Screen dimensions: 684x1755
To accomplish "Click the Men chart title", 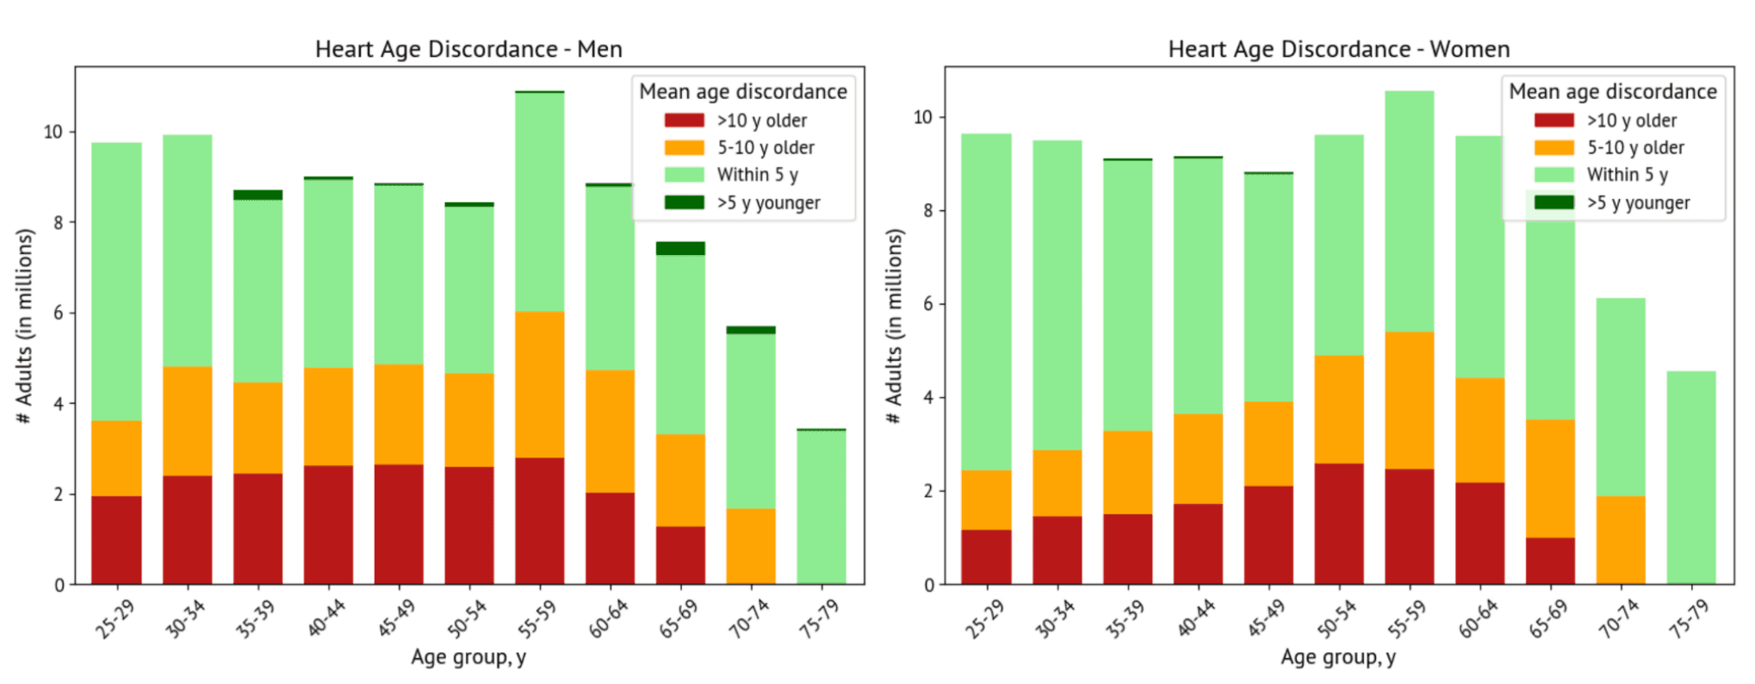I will click(468, 49).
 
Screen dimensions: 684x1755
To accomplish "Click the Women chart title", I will click(1338, 49).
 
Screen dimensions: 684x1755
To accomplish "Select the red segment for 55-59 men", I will click(540, 520).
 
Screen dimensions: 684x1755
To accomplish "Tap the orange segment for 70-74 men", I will click(751, 546).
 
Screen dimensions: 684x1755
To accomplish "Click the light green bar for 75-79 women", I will click(1691, 477).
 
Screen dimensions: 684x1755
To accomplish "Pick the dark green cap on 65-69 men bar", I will click(680, 248).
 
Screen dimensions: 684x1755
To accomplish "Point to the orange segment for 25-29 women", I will click(986, 500).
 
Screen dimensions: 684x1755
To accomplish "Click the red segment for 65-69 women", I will click(1550, 561).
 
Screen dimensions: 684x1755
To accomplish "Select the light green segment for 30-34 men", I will click(187, 250).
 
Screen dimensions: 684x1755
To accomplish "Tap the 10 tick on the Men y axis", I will click(53, 132).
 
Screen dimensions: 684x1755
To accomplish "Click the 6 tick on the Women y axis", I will click(929, 304).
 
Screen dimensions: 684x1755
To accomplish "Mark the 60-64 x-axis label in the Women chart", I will click(1478, 619).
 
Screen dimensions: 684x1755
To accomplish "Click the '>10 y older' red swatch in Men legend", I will click(684, 121).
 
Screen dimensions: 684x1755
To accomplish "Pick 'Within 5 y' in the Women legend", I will click(1627, 175).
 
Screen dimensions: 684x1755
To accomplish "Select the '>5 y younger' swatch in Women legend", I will click(1553, 202).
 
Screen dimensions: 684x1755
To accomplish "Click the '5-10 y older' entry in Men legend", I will click(766, 147).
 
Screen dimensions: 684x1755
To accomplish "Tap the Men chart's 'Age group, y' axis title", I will click(468, 657).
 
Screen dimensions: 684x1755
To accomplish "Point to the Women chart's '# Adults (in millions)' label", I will click(895, 326).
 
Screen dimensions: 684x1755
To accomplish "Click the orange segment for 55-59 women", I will click(1410, 400).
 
